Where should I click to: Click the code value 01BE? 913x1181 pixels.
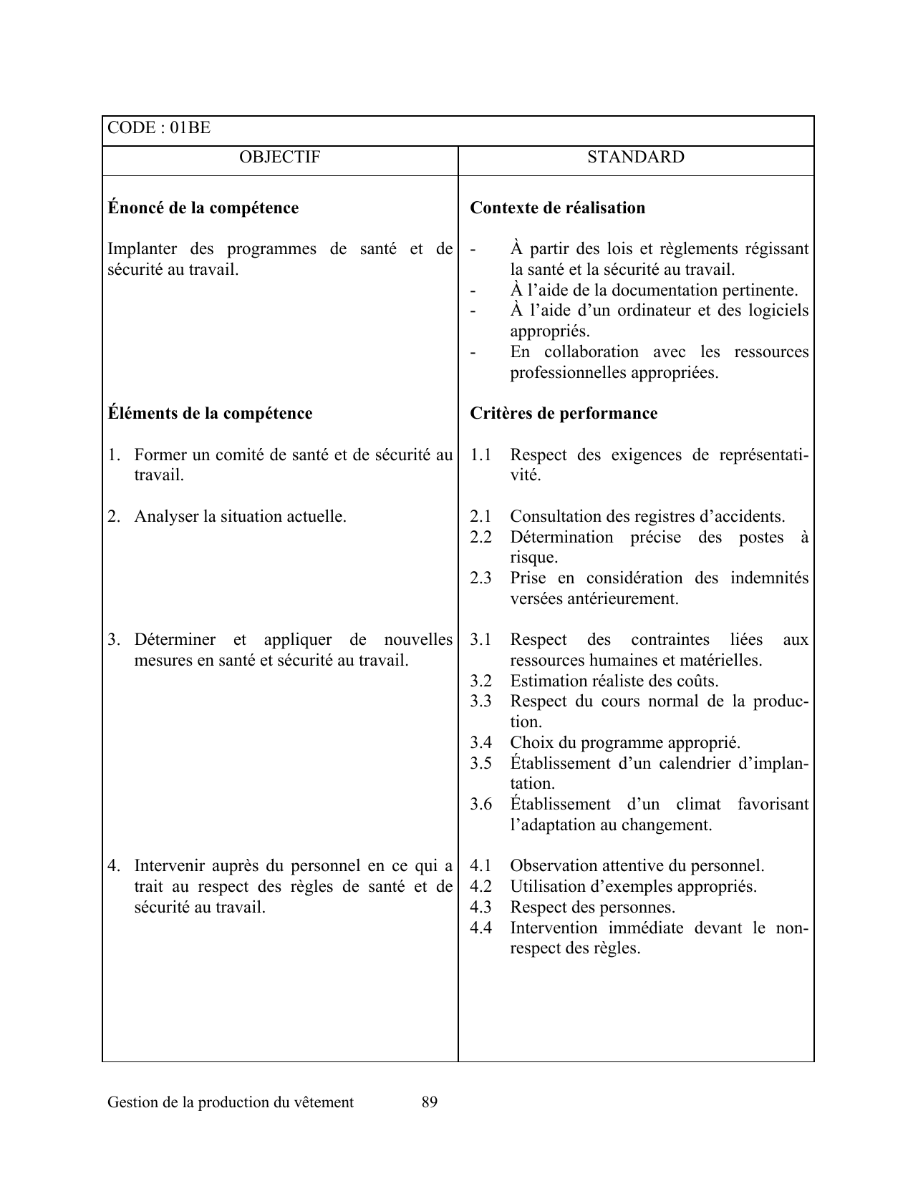tap(190, 128)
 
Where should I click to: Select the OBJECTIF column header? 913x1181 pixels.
tap(280, 157)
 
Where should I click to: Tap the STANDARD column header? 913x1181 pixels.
tap(635, 157)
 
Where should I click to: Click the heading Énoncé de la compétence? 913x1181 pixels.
tap(203, 208)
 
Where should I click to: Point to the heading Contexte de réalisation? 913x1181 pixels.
tap(557, 208)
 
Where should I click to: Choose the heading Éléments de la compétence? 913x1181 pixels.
tap(210, 414)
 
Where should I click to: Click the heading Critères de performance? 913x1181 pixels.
tap(563, 414)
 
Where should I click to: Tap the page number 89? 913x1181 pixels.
tap(430, 1102)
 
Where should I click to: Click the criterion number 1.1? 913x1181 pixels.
tap(480, 455)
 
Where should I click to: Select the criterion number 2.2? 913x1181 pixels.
tap(480, 538)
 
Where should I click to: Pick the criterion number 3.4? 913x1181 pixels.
tap(480, 743)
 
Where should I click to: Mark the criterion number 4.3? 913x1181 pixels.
tap(480, 908)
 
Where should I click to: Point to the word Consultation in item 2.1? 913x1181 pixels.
tap(555, 517)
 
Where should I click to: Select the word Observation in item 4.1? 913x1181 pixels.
tap(554, 866)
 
